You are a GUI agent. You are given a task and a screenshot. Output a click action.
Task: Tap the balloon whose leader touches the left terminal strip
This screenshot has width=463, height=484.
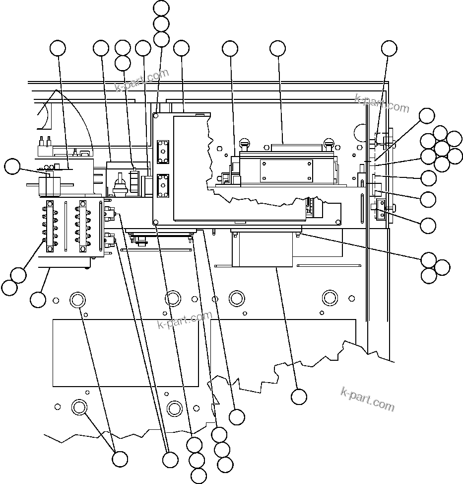point(18,275)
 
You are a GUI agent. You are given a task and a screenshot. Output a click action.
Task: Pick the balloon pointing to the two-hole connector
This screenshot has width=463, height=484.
point(428,225)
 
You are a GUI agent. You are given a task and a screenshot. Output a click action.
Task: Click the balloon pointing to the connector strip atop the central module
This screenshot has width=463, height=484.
point(277,48)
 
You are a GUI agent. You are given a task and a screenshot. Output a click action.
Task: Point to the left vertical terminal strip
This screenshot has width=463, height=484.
point(50,226)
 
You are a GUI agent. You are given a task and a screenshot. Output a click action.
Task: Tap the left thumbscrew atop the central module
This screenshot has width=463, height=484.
point(244,145)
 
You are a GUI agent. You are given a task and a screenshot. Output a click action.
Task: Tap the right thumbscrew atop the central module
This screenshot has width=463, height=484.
point(328,145)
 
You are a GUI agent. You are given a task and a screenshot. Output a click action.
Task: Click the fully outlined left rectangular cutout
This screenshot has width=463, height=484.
point(126,353)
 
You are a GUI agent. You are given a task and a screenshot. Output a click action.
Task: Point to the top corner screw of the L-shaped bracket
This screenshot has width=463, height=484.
point(156,115)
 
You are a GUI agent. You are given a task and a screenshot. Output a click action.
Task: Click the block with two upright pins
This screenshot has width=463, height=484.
point(45,143)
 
